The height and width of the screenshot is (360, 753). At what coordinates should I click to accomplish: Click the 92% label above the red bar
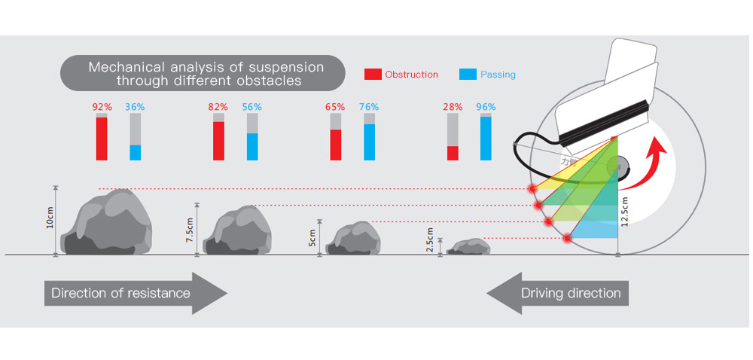[102, 107]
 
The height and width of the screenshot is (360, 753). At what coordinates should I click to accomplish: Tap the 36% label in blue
[136, 107]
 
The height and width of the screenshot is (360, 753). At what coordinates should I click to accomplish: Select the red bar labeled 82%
[218, 141]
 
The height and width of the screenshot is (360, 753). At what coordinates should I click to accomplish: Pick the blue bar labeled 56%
[252, 146]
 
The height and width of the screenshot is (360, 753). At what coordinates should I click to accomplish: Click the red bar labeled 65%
[335, 145]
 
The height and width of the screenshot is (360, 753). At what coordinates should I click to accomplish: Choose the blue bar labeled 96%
[486, 138]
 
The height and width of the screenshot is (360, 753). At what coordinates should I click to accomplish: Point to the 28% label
[453, 107]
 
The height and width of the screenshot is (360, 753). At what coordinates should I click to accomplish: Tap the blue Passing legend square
[468, 75]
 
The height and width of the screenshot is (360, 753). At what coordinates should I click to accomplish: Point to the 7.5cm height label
[190, 229]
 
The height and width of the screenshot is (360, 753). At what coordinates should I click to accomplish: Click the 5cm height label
[312, 238]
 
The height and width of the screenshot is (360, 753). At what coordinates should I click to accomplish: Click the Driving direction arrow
[557, 292]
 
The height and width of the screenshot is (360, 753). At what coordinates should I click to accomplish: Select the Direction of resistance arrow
[136, 292]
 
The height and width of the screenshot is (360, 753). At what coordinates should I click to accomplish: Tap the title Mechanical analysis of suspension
[206, 73]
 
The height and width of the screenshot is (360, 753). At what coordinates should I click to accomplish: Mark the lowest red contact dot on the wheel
[567, 238]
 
